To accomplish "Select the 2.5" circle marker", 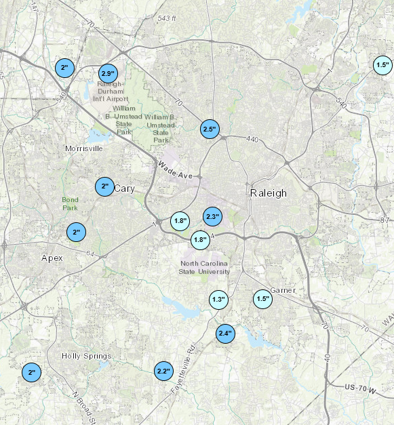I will pyautogui.click(x=210, y=129).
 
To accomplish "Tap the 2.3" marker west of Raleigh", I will pyautogui.click(x=212, y=217).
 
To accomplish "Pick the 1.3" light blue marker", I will pyautogui.click(x=218, y=299).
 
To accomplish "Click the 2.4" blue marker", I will pyautogui.click(x=225, y=333).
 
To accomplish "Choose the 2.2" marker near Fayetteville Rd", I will pyautogui.click(x=163, y=371).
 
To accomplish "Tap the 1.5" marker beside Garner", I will pyautogui.click(x=262, y=299).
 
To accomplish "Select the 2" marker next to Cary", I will pyautogui.click(x=104, y=186).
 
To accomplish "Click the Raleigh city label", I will pyautogui.click(x=269, y=193).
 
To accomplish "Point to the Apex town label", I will pyautogui.click(x=52, y=258).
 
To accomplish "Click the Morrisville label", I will pyautogui.click(x=84, y=148).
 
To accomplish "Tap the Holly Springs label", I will pyautogui.click(x=86, y=356).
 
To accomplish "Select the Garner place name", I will pyautogui.click(x=283, y=290).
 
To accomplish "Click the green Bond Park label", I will pyautogui.click(x=71, y=203).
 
